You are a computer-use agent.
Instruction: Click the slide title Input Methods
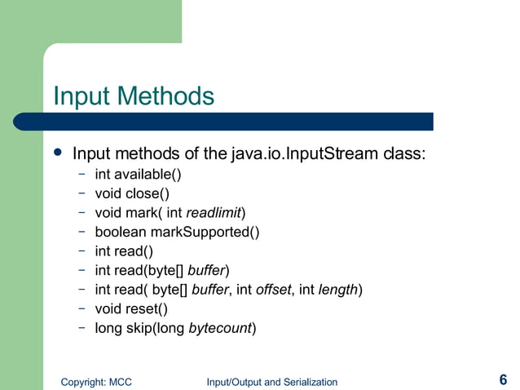pos(133,96)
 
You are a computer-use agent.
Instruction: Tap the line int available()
pos(138,174)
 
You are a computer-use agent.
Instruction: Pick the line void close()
pos(131,193)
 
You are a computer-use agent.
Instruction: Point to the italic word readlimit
pos(214,213)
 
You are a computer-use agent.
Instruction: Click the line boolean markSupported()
pos(177,232)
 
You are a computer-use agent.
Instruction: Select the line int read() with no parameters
pos(123,251)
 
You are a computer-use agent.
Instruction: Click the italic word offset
pos(273,290)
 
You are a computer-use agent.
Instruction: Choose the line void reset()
pos(130,309)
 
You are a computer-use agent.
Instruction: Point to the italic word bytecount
pos(220,329)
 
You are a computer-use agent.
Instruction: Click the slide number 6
pos(503,379)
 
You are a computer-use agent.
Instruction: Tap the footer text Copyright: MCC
pos(97,381)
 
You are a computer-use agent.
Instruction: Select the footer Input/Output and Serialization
pos(271,381)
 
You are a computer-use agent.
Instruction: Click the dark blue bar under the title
pos(245,122)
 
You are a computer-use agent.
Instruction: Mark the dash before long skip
pos(82,328)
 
